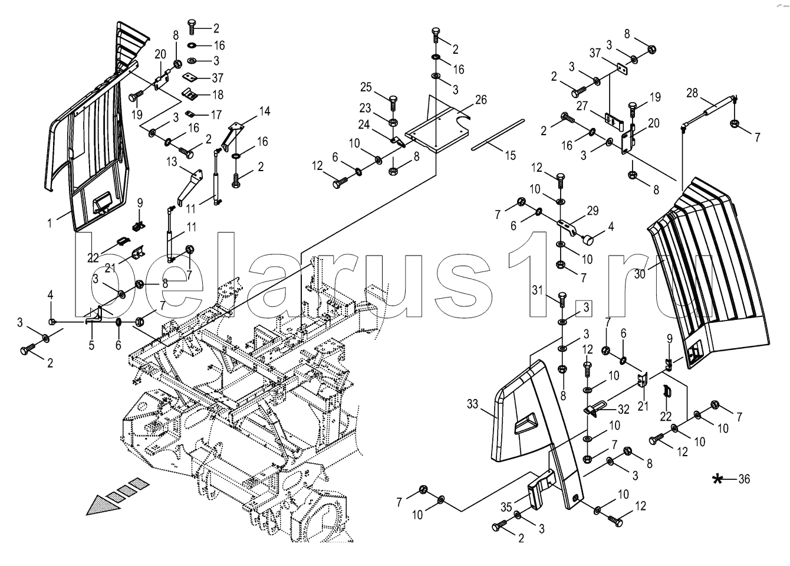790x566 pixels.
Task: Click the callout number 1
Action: [51, 223]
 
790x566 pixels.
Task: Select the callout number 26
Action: [480, 100]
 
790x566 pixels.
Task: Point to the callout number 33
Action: [473, 404]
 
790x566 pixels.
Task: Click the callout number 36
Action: [744, 479]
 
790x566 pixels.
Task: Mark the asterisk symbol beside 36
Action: [717, 479]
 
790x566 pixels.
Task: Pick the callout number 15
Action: [510, 155]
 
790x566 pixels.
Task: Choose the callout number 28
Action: [692, 93]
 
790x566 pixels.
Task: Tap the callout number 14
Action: [264, 112]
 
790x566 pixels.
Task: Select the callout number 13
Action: [172, 162]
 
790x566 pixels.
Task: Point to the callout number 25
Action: [366, 88]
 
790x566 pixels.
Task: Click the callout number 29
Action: [592, 211]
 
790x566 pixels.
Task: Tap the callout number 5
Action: [91, 346]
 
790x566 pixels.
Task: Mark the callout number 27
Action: [582, 106]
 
